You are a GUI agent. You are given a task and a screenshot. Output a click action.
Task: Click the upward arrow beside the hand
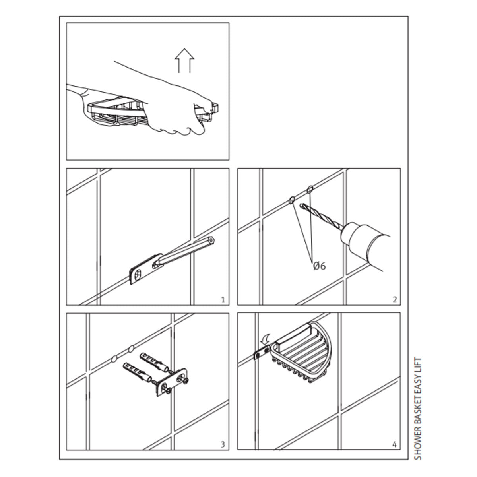point(185,60)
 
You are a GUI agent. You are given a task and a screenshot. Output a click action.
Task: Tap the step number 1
point(223,300)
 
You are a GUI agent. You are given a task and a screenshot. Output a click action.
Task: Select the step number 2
point(394,300)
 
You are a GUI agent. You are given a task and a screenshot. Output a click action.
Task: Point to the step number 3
point(223,444)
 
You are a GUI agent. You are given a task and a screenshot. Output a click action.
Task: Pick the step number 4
point(394,444)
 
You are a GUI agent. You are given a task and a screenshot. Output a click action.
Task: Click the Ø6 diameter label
point(319,266)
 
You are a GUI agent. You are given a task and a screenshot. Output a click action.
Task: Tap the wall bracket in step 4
point(260,353)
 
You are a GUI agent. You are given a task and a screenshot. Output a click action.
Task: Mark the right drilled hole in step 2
point(310,189)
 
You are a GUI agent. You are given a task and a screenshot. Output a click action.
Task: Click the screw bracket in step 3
point(174,381)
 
